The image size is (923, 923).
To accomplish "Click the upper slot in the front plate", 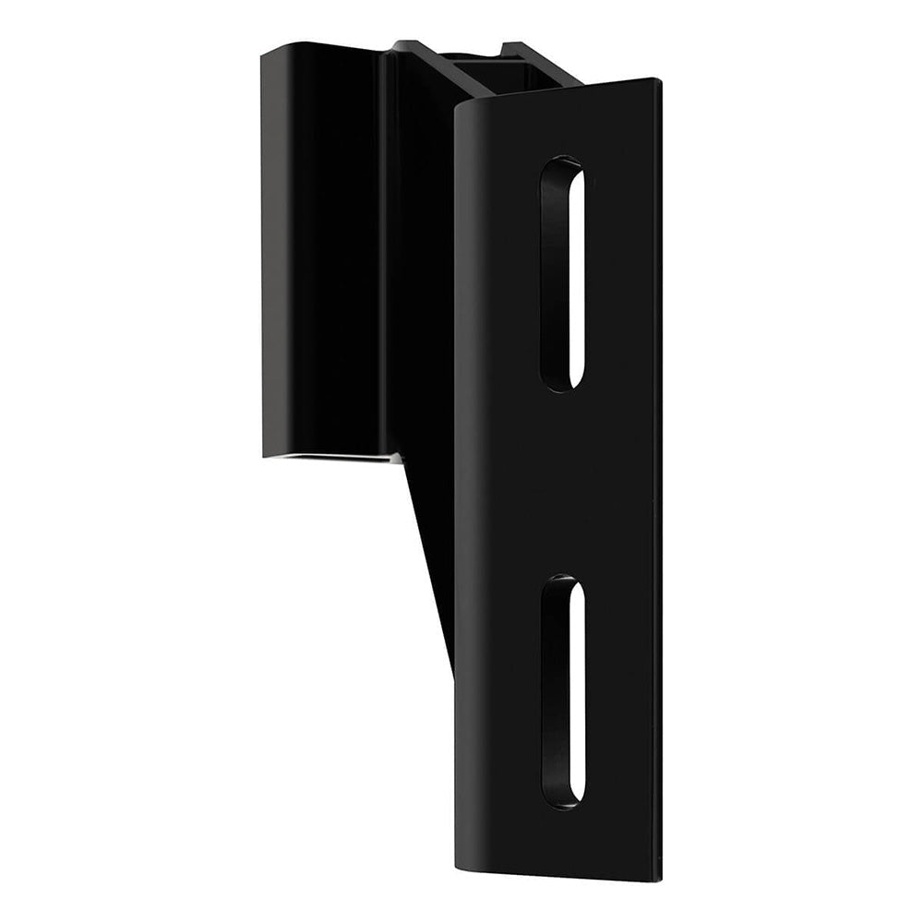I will coord(562,274).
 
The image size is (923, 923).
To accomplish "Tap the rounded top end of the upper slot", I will coord(562,166).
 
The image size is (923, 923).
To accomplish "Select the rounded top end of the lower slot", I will coord(562,583).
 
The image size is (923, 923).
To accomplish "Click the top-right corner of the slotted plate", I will coord(658,81).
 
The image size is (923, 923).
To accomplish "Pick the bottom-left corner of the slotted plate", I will coord(458,868).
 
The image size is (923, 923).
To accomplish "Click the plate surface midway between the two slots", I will coord(563,485).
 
